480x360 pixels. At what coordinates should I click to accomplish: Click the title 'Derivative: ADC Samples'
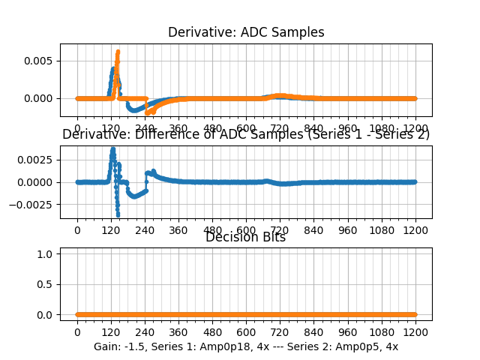(246, 32)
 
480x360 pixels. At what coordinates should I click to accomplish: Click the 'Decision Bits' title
(246, 238)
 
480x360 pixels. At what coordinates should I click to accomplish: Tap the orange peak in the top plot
(118, 52)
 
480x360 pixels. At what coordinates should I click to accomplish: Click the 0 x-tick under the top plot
(76, 128)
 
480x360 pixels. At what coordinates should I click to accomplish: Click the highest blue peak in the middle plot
(112, 148)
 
